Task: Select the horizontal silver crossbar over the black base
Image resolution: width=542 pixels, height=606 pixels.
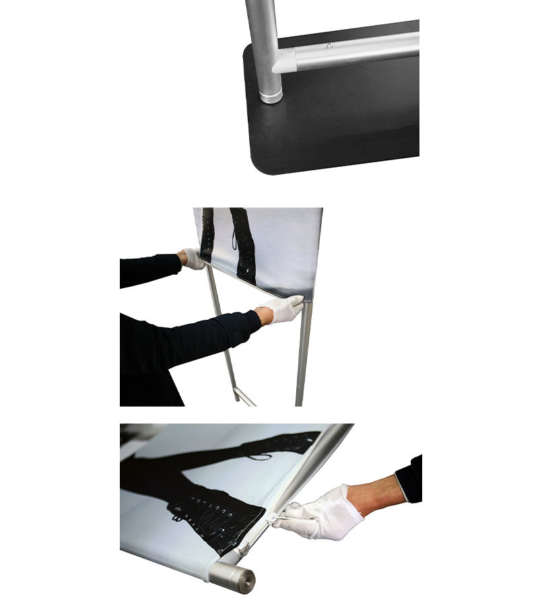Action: click(x=357, y=53)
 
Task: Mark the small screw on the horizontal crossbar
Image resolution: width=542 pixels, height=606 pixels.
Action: click(x=329, y=46)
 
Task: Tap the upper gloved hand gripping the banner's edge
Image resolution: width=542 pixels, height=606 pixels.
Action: click(x=193, y=259)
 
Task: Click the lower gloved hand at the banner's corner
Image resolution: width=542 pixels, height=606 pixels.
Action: click(x=283, y=309)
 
